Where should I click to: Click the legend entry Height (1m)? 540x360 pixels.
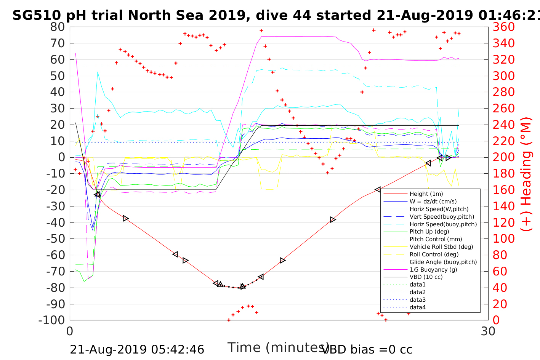coord(426,194)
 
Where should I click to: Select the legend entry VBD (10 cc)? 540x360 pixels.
coord(426,277)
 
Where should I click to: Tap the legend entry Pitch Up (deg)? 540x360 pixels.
coord(429,232)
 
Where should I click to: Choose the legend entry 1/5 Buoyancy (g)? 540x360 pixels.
coord(433,269)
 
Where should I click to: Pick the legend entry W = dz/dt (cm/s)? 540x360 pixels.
coord(433,202)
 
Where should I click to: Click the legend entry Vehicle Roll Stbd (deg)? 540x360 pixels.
coord(441,247)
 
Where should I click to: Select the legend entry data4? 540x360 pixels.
coord(418,307)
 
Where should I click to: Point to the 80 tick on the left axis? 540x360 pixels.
coord(58,27)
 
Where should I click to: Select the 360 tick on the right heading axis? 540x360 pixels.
coord(503,27)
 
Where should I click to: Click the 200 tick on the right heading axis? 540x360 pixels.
coord(503,157)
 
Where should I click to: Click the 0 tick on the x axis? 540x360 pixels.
coord(70,331)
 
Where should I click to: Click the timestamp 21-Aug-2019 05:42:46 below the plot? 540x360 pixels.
coord(137,350)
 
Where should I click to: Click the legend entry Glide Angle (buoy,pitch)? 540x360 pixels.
coord(443,262)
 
